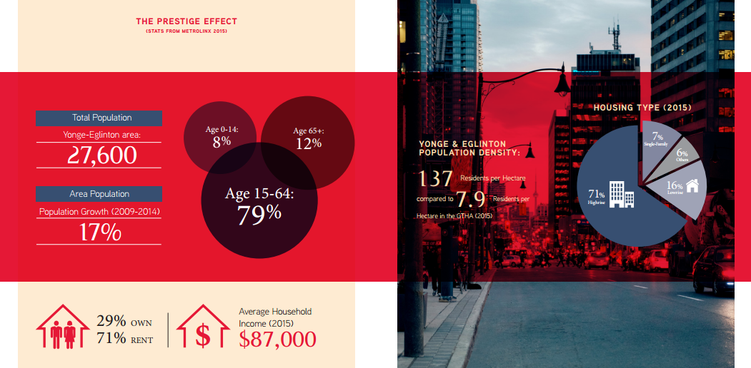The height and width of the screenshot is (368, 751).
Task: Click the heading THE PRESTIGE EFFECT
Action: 186,21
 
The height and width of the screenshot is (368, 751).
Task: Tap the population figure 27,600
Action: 101,155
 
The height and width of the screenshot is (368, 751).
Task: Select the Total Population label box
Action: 99,118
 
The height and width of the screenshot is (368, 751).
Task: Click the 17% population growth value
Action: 99,232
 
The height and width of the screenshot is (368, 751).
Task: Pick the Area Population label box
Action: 99,194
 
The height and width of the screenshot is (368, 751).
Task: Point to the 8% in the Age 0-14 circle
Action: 219,141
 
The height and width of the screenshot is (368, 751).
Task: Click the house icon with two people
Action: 63,326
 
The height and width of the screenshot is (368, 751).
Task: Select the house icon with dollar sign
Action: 203,326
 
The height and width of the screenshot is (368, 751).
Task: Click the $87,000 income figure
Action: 277,339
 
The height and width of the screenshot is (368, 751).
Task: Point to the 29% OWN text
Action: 124,321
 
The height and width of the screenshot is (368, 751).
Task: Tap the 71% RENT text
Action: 125,339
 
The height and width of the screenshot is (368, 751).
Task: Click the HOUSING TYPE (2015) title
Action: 642,108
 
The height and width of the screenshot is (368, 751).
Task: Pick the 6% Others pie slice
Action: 677,158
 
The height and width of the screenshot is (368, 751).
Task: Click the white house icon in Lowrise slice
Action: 692,185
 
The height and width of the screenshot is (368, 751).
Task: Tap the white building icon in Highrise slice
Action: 621,195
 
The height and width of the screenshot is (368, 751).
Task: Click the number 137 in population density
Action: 435,178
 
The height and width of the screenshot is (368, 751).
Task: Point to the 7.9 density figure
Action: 472,199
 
